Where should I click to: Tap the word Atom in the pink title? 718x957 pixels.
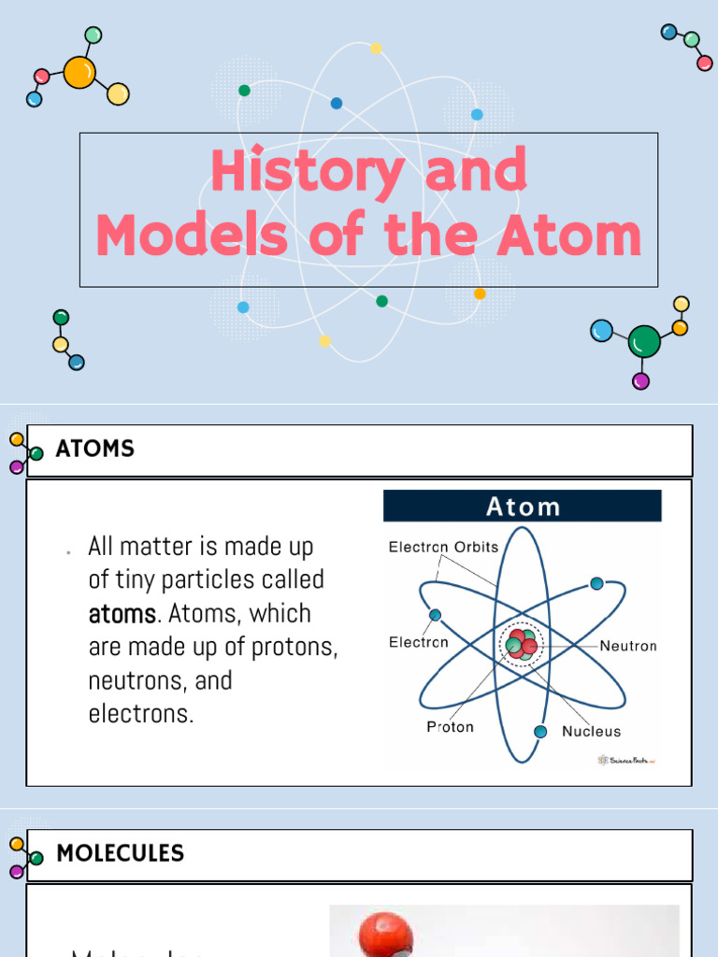pyautogui.click(x=569, y=236)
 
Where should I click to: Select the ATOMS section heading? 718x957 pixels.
pyautogui.click(x=94, y=449)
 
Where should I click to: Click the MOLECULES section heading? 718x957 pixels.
pyautogui.click(x=121, y=853)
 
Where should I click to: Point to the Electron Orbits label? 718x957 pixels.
pyautogui.click(x=443, y=548)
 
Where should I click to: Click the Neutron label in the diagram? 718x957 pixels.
pyautogui.click(x=627, y=646)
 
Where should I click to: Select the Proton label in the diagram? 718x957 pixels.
pyautogui.click(x=450, y=727)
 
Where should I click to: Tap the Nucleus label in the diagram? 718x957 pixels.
pyautogui.click(x=591, y=732)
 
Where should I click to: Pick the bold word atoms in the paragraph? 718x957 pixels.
pyautogui.click(x=122, y=614)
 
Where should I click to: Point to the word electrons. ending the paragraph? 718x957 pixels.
pyautogui.click(x=141, y=713)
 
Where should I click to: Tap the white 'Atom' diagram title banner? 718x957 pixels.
pyautogui.click(x=523, y=507)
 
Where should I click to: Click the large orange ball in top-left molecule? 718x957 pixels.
pyautogui.click(x=79, y=73)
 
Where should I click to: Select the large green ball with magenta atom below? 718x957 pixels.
pyautogui.click(x=643, y=342)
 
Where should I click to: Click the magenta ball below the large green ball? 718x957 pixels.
pyautogui.click(x=640, y=380)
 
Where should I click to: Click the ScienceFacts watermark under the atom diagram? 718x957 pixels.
pyautogui.click(x=627, y=760)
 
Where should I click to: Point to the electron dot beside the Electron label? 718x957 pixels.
pyautogui.click(x=436, y=615)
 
